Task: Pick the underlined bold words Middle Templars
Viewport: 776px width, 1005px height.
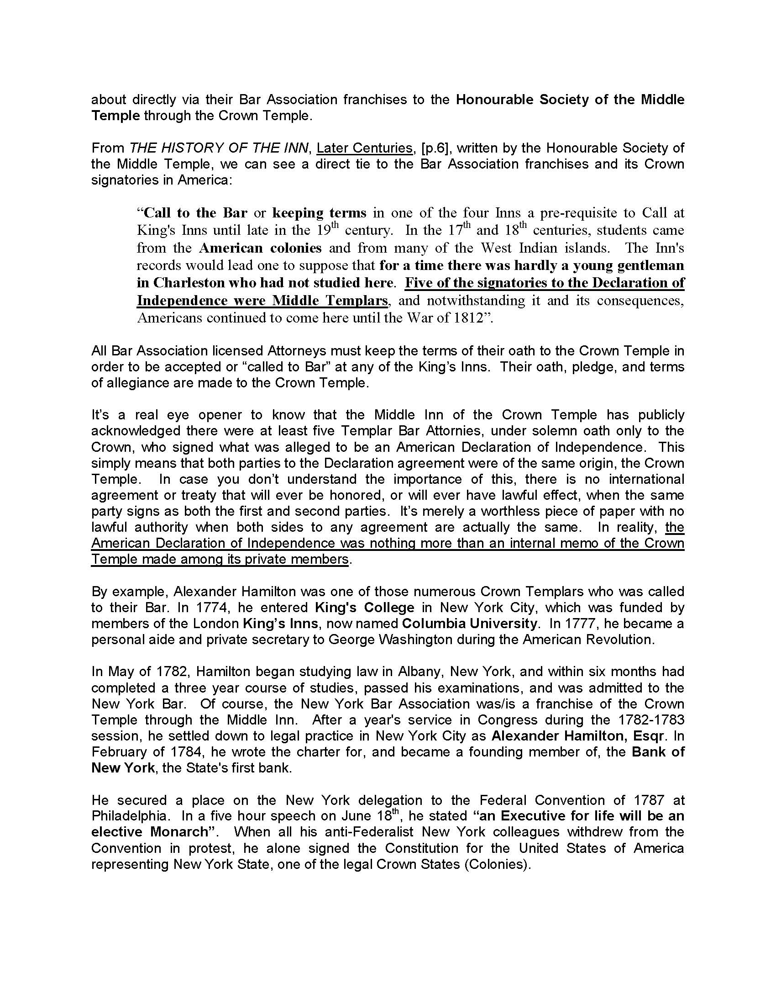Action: coord(329,301)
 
